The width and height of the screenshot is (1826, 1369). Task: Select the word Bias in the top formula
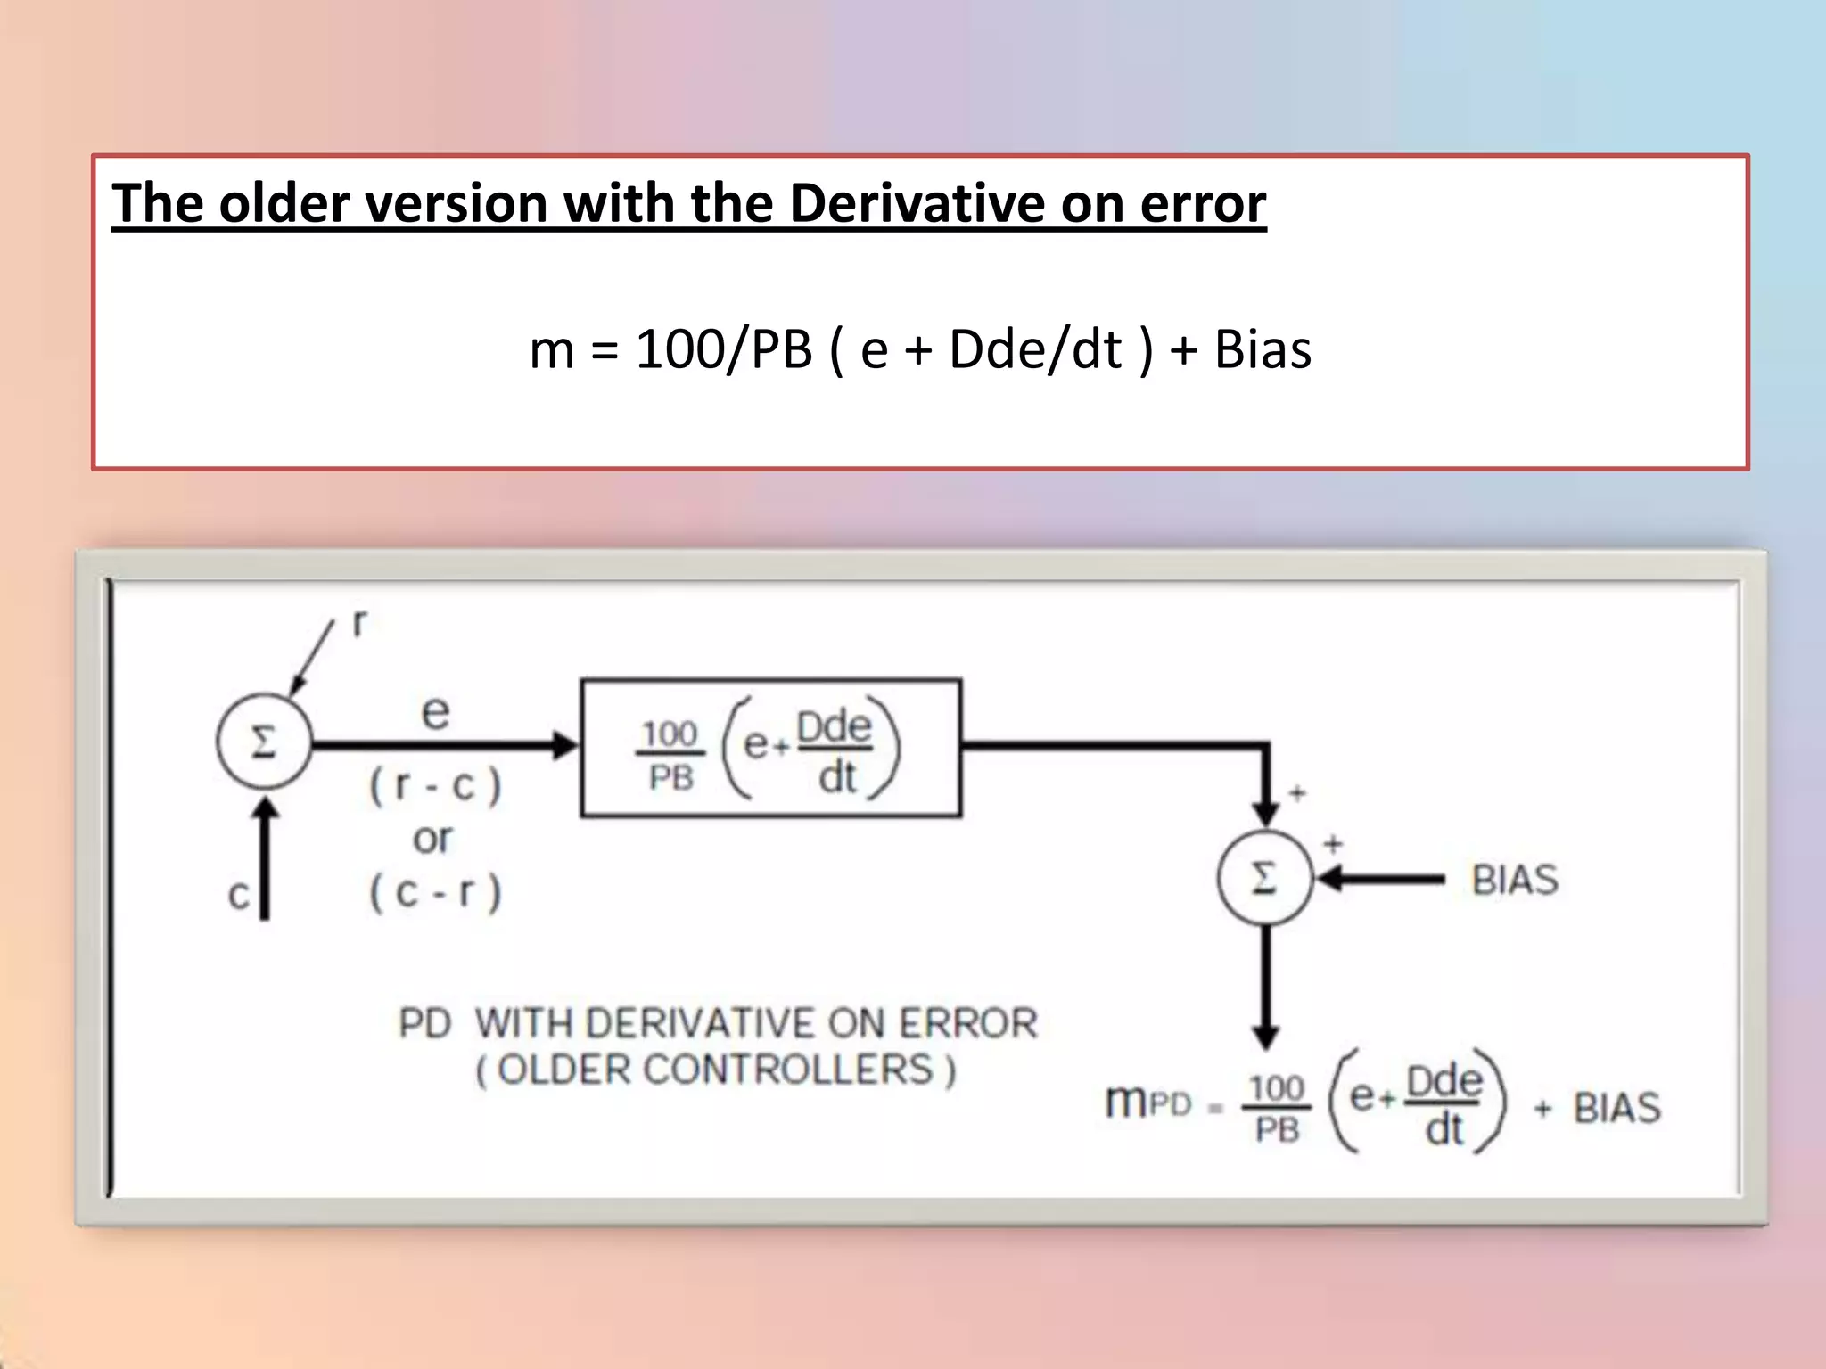pos(1263,349)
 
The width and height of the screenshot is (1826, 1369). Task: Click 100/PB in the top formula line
pos(724,349)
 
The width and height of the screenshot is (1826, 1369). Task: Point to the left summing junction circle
pos(264,742)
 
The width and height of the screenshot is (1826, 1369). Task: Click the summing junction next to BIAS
pos(1264,879)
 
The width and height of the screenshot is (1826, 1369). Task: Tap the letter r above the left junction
pos(358,623)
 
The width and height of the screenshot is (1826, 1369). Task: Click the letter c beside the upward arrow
pos(238,894)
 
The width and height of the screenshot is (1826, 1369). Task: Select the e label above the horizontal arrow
pos(435,711)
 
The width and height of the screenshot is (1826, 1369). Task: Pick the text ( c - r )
pos(435,892)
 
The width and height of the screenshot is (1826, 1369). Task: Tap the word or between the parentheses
pos(432,839)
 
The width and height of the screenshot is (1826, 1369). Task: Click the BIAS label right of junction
pos(1514,880)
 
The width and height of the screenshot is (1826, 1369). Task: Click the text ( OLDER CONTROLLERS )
pos(716,1070)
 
